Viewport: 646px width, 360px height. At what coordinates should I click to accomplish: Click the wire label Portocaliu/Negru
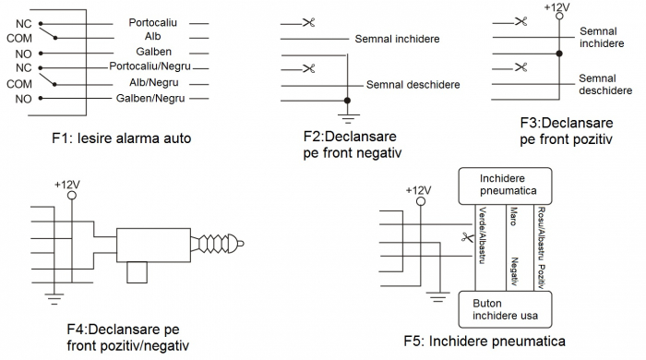(150, 67)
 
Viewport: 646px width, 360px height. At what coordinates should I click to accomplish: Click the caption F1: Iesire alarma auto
(122, 139)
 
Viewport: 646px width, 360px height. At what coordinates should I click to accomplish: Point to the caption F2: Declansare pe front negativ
(358, 145)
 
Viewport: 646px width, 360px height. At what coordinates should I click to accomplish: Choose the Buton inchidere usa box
(505, 307)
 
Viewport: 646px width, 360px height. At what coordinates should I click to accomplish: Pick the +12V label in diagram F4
(67, 184)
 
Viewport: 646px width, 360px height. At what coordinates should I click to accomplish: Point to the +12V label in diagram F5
(419, 190)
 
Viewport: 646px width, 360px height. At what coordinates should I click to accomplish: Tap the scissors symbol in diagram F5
(467, 238)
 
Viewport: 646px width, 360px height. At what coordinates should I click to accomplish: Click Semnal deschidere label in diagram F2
(413, 84)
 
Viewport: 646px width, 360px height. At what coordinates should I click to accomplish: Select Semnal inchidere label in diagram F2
(397, 39)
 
